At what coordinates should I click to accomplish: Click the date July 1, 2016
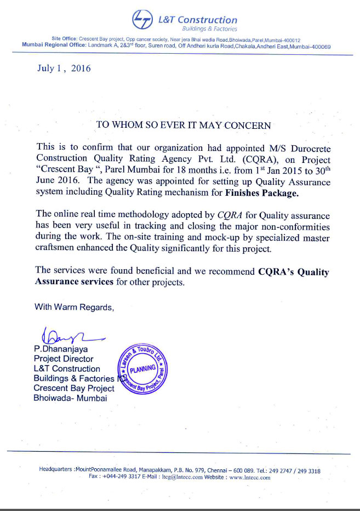point(64,69)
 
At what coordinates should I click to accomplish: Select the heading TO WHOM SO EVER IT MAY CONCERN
point(183,125)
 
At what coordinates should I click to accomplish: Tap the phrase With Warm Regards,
point(75,307)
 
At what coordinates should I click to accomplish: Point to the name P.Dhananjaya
point(61,349)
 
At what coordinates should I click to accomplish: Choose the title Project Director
point(64,359)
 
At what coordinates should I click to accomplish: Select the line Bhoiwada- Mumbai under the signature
point(71,398)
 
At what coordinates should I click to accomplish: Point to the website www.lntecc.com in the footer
point(250,477)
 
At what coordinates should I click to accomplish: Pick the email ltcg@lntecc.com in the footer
point(190,477)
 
